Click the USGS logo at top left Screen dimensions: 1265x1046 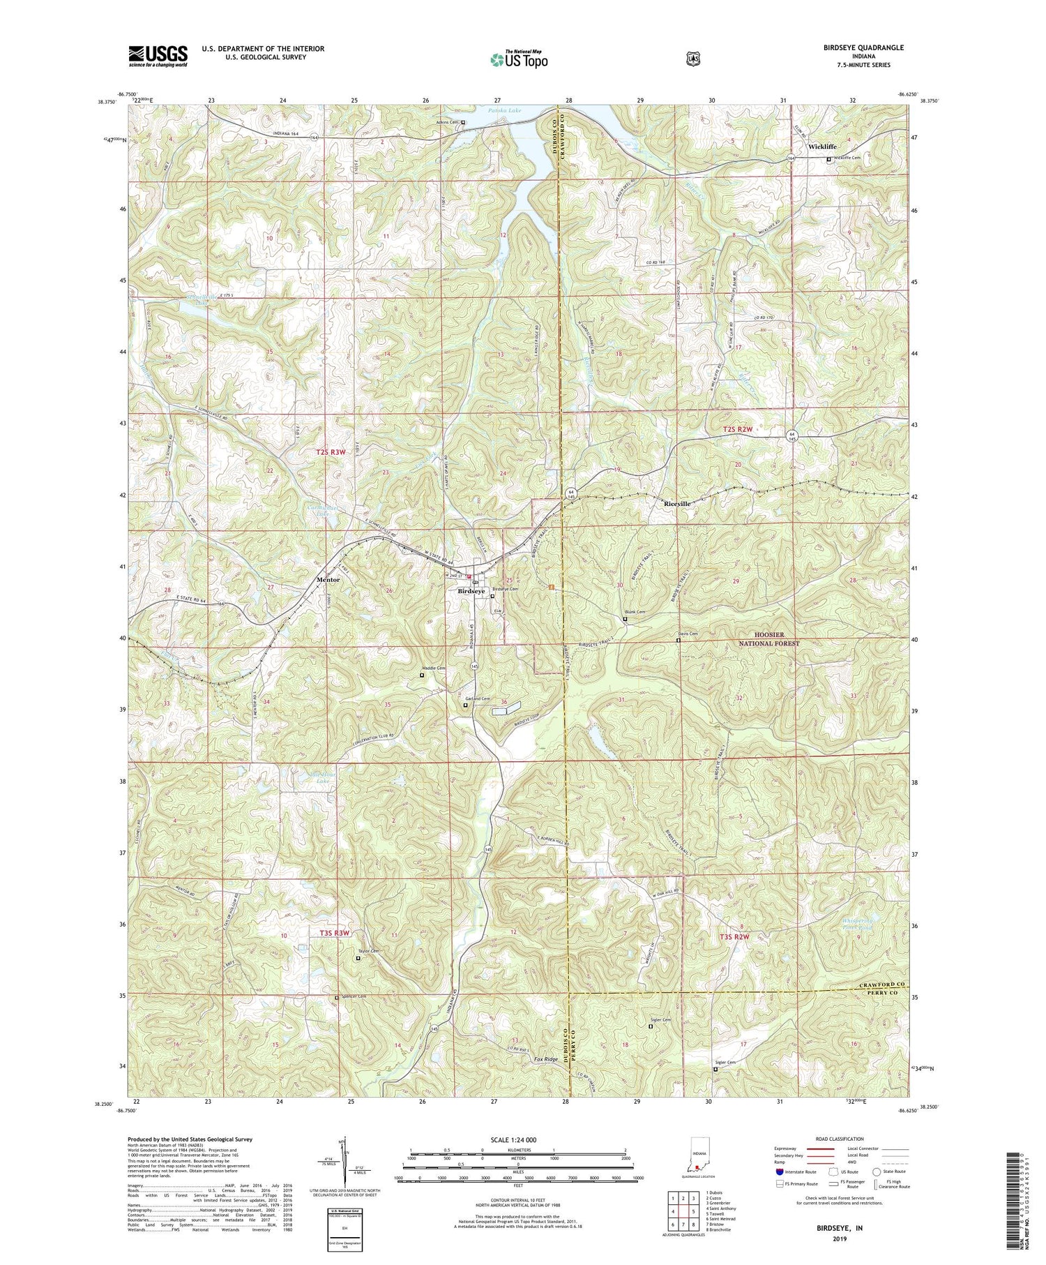(x=158, y=55)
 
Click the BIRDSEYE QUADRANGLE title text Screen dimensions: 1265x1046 (x=865, y=47)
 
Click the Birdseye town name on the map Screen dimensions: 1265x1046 (x=471, y=592)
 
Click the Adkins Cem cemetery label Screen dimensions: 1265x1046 (x=446, y=122)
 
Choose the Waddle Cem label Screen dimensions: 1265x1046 (x=433, y=668)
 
